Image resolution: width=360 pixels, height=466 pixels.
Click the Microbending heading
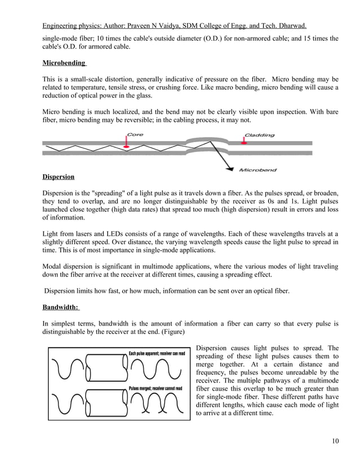tap(64, 62)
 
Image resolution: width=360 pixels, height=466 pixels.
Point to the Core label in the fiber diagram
tap(134, 134)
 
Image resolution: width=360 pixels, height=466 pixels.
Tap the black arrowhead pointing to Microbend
tap(230, 166)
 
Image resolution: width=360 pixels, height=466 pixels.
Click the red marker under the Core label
tap(127, 144)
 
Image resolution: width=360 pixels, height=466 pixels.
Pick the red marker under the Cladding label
tap(244, 144)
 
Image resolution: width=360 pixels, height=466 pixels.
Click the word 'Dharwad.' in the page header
tap(289, 26)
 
